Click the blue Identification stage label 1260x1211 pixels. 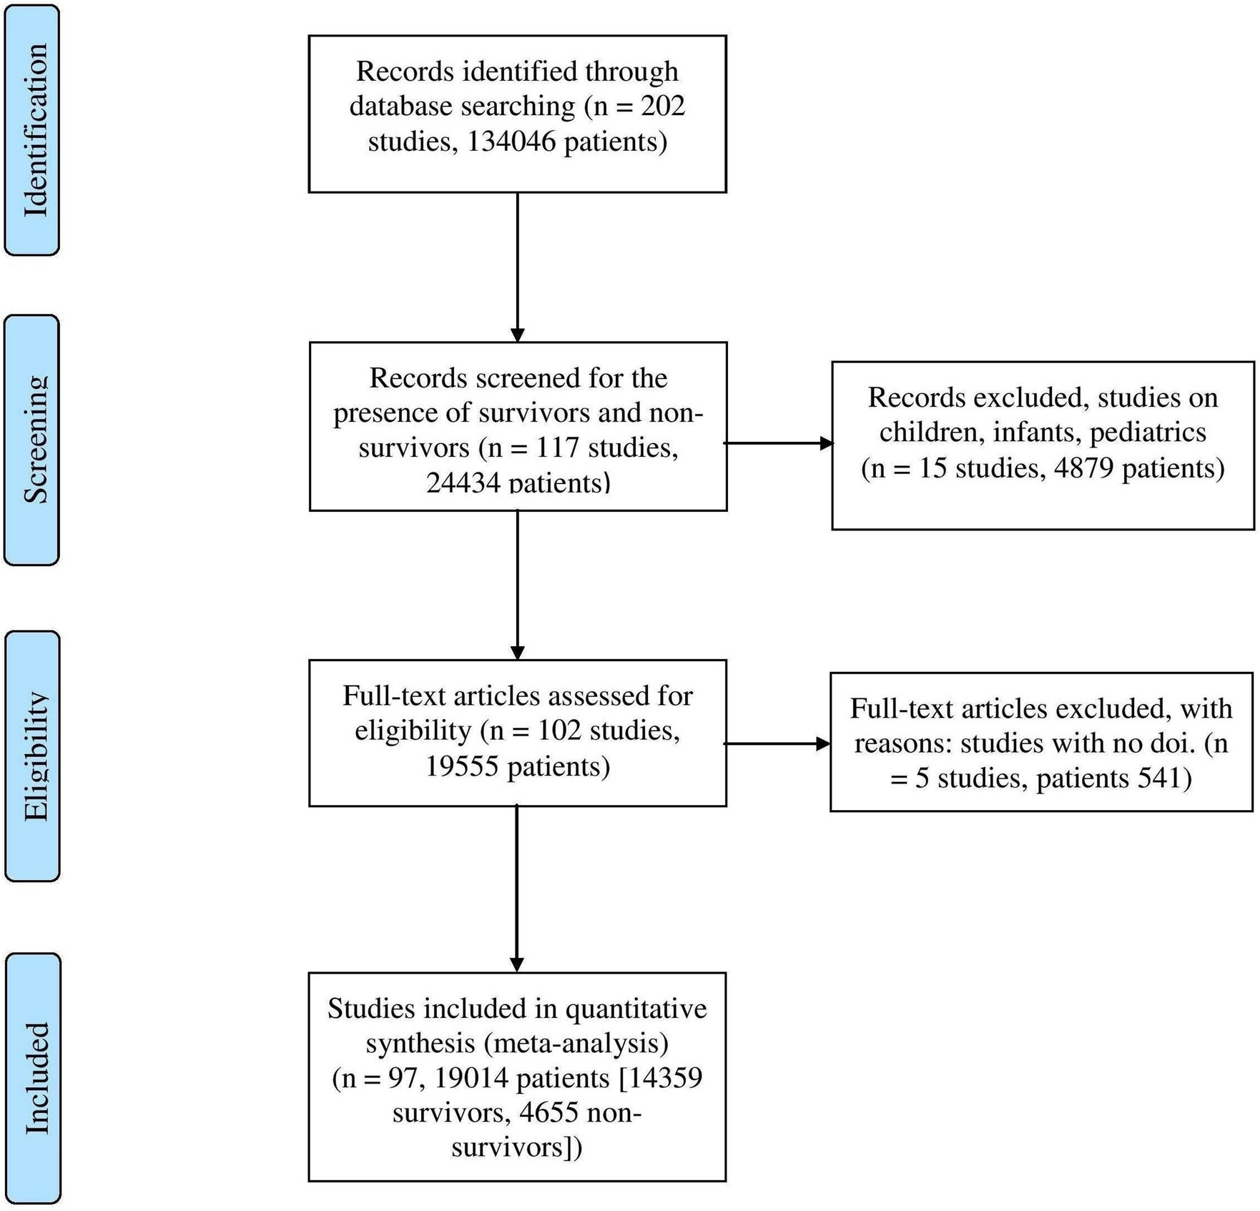tap(32, 130)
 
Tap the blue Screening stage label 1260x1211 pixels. tap(32, 440)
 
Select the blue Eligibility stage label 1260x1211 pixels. tap(33, 756)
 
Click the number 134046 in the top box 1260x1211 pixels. tap(511, 142)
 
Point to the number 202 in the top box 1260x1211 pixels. tap(662, 107)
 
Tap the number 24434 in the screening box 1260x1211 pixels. tap(463, 483)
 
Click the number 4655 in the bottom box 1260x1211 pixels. tap(548, 1113)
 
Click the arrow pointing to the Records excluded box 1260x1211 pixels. tap(779, 443)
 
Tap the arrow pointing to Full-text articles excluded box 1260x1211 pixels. tap(777, 743)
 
